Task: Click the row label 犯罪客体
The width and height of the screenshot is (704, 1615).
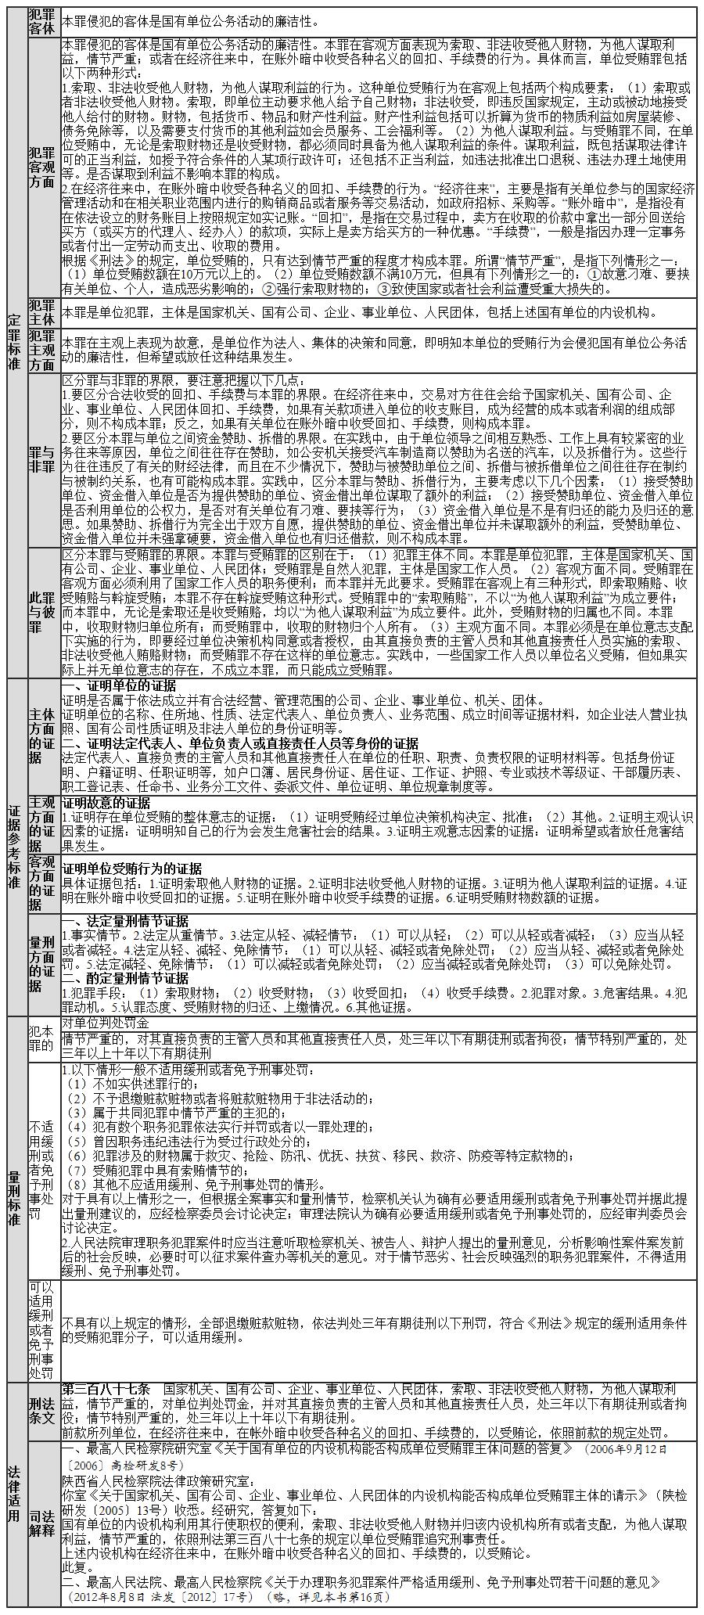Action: tap(42, 21)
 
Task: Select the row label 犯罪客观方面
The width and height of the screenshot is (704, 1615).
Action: tap(42, 167)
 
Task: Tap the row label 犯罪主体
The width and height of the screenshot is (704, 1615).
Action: tap(42, 311)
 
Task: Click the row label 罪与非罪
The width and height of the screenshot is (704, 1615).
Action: tap(42, 459)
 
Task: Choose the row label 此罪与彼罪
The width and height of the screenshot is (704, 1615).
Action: tap(42, 612)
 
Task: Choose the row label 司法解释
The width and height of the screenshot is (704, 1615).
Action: tap(42, 1519)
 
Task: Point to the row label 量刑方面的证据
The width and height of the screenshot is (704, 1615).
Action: tap(42, 964)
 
